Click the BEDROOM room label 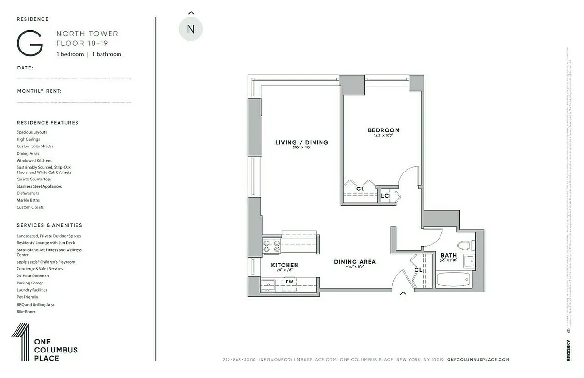point(383,130)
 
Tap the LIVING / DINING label point(302,142)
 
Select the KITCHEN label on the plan point(285,265)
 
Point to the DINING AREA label point(355,262)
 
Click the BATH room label point(449,255)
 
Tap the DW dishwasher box point(289,282)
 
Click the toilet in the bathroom point(465,245)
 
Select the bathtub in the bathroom point(453,279)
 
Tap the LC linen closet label point(385,196)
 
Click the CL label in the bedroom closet point(360,189)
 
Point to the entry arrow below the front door point(403,293)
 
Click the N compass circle point(191,29)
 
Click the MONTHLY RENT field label point(40,91)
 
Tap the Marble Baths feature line point(28,200)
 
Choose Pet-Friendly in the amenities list point(27,297)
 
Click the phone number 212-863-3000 point(239,360)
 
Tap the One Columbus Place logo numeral point(21,342)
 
